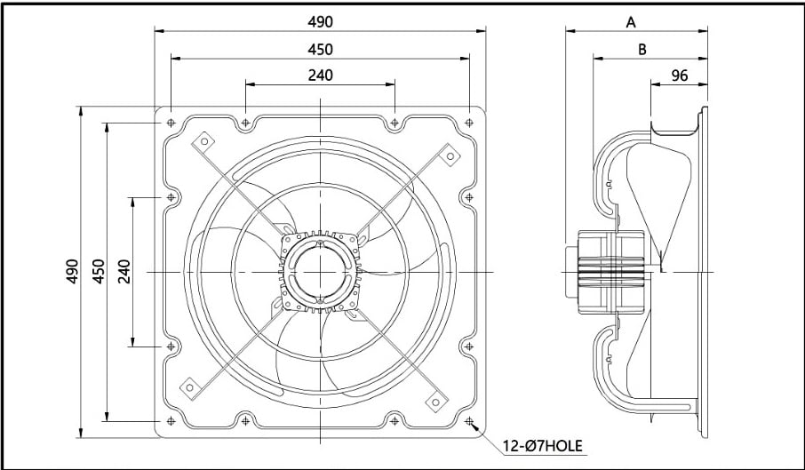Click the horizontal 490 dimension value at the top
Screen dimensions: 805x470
tap(321, 21)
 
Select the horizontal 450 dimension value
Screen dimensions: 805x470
tap(321, 49)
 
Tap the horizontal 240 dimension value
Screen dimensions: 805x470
tap(321, 75)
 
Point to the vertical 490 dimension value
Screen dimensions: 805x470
tap(72, 272)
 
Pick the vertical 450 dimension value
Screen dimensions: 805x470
tap(99, 272)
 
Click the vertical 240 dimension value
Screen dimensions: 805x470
tap(124, 272)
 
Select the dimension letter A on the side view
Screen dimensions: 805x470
tap(631, 22)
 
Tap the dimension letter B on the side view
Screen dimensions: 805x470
tap(642, 49)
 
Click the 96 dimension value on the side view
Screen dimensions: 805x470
tap(679, 76)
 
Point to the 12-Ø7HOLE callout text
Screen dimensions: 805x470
tap(543, 446)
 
